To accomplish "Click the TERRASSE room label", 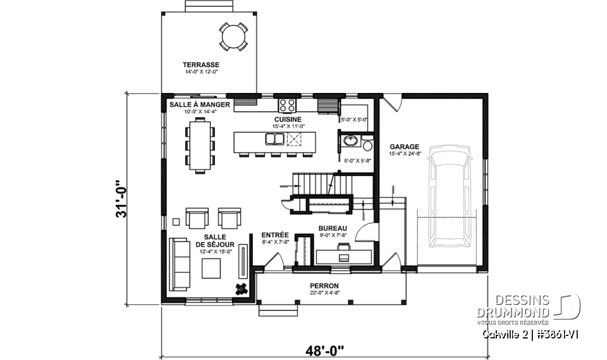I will click(x=201, y=65).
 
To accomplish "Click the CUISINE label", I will click(x=288, y=119).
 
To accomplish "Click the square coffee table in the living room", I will click(x=212, y=268).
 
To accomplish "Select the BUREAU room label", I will click(x=333, y=228).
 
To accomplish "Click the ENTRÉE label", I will click(x=275, y=233).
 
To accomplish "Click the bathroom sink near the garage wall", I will click(x=350, y=140).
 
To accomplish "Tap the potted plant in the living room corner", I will click(x=242, y=289).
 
